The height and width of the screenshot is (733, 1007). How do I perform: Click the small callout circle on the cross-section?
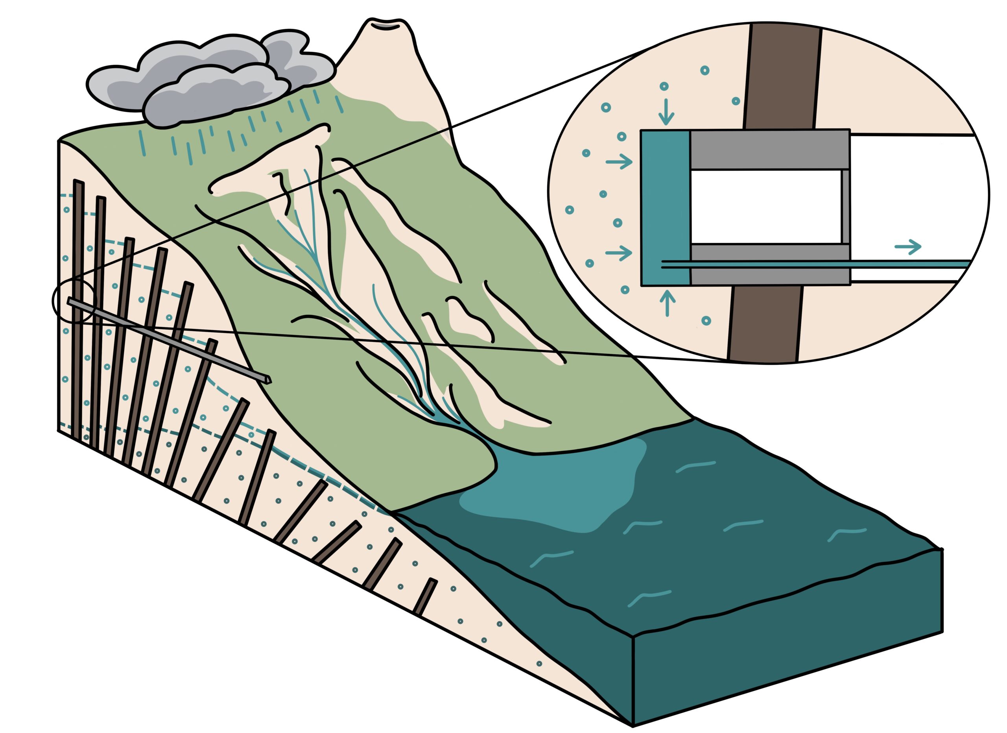pos(74,301)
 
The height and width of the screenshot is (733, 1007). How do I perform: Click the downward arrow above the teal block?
pos(666,111)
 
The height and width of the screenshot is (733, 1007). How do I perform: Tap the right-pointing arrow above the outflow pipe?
pos(907,246)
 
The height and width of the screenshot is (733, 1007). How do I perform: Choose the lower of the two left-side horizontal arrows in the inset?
pos(618,253)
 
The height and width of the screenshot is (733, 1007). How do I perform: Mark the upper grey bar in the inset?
pos(769,150)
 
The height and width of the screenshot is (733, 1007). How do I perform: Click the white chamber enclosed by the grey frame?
pos(765,207)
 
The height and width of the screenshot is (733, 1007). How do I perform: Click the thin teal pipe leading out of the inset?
pos(910,264)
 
